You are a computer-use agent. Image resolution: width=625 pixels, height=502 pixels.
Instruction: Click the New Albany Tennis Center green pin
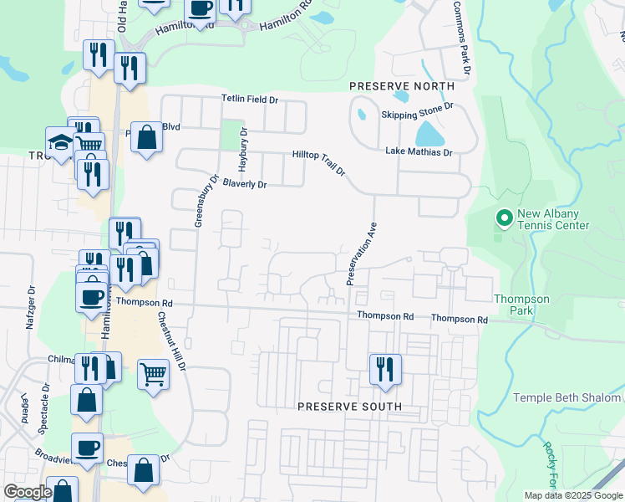tap(504, 219)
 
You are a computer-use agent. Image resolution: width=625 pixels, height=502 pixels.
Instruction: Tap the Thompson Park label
tap(521, 305)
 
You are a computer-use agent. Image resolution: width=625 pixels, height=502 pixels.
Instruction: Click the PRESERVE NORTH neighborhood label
tap(402, 86)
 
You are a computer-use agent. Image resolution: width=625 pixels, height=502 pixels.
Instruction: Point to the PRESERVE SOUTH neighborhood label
tap(349, 407)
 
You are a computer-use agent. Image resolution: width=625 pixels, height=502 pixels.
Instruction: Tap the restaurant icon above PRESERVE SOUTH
tap(385, 369)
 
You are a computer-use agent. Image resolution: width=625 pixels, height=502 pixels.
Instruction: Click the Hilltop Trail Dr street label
tap(319, 162)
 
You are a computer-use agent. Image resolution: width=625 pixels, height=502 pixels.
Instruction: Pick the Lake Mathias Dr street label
tap(419, 152)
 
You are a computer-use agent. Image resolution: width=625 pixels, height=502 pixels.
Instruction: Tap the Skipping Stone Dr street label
tap(416, 111)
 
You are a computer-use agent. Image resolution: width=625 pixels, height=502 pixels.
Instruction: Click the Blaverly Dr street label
tap(244, 184)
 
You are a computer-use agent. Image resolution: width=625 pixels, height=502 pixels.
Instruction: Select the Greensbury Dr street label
tap(206, 202)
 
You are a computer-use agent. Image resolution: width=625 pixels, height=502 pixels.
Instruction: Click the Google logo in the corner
tap(28, 491)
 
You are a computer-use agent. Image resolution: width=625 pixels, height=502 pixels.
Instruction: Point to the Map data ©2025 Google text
tap(572, 495)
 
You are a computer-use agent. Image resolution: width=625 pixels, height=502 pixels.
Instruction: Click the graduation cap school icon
tap(60, 143)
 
